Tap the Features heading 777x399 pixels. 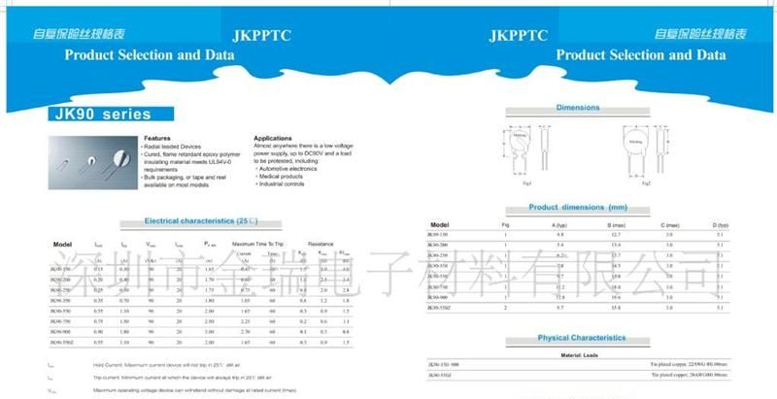click(x=157, y=139)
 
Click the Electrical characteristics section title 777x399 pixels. click(x=194, y=221)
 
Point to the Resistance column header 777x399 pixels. click(x=320, y=243)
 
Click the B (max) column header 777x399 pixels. click(x=613, y=224)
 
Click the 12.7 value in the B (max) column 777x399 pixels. click(x=613, y=235)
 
